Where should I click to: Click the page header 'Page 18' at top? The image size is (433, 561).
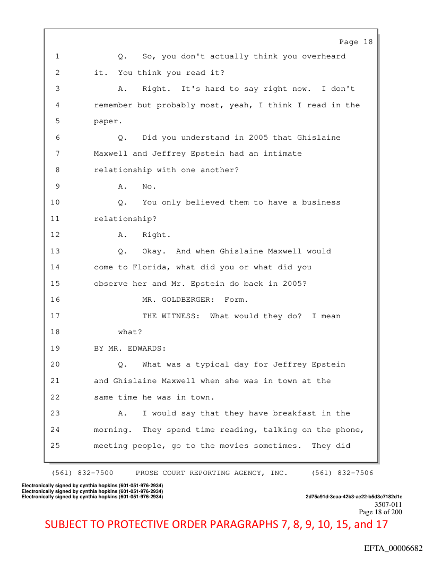(356, 42)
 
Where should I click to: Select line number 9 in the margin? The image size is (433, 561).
(57, 186)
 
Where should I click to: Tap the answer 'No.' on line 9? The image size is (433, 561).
(149, 186)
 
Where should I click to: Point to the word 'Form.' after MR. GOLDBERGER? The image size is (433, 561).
(236, 300)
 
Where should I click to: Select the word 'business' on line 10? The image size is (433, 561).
(321, 202)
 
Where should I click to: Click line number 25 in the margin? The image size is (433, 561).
(56, 446)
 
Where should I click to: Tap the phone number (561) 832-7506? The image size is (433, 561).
(342, 473)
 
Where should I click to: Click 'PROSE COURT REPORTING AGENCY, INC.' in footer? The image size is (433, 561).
(212, 473)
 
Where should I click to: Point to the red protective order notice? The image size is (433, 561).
(216, 524)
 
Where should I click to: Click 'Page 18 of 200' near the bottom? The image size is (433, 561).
(380, 512)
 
